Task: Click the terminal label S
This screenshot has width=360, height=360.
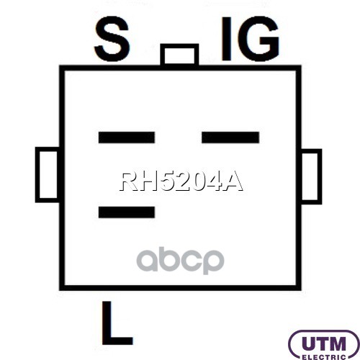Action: tap(112, 38)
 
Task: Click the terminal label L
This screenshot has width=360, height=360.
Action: tap(117, 323)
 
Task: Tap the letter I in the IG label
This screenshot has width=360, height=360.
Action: tap(226, 38)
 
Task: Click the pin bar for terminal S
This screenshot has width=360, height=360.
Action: tap(127, 138)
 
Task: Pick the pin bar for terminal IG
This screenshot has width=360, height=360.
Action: tap(230, 138)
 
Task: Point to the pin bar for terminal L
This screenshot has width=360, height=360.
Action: tap(127, 212)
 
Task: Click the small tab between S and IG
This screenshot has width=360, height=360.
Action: tap(179, 55)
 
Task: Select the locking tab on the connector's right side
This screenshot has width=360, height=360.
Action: tap(311, 176)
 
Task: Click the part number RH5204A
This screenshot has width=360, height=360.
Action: tap(181, 181)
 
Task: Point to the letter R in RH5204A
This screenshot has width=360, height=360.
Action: tap(128, 181)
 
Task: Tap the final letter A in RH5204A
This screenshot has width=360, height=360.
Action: tap(233, 181)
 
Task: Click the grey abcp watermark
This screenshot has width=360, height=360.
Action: tap(181, 261)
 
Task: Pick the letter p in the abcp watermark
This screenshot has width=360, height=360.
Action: tap(212, 262)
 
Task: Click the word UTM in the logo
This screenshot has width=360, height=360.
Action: tap(323, 344)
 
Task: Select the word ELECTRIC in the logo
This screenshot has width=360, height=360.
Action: tap(323, 357)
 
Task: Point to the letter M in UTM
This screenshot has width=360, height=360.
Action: tap(338, 344)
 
